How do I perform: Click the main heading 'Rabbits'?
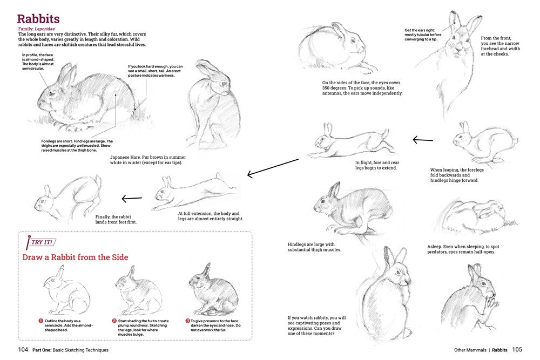pyautogui.click(x=38, y=20)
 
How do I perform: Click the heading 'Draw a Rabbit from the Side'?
pyautogui.click(x=75, y=257)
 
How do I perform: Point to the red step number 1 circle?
pyautogui.click(x=40, y=321)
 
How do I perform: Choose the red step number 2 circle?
pyautogui.click(x=114, y=321)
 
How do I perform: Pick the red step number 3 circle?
pyautogui.click(x=187, y=321)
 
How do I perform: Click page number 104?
pyautogui.click(x=23, y=350)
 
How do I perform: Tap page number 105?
pyautogui.click(x=517, y=350)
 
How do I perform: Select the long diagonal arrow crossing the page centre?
pyautogui.click(x=273, y=167)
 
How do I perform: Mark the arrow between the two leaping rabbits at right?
pyautogui.click(x=422, y=140)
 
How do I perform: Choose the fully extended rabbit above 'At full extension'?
pyautogui.click(x=194, y=192)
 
